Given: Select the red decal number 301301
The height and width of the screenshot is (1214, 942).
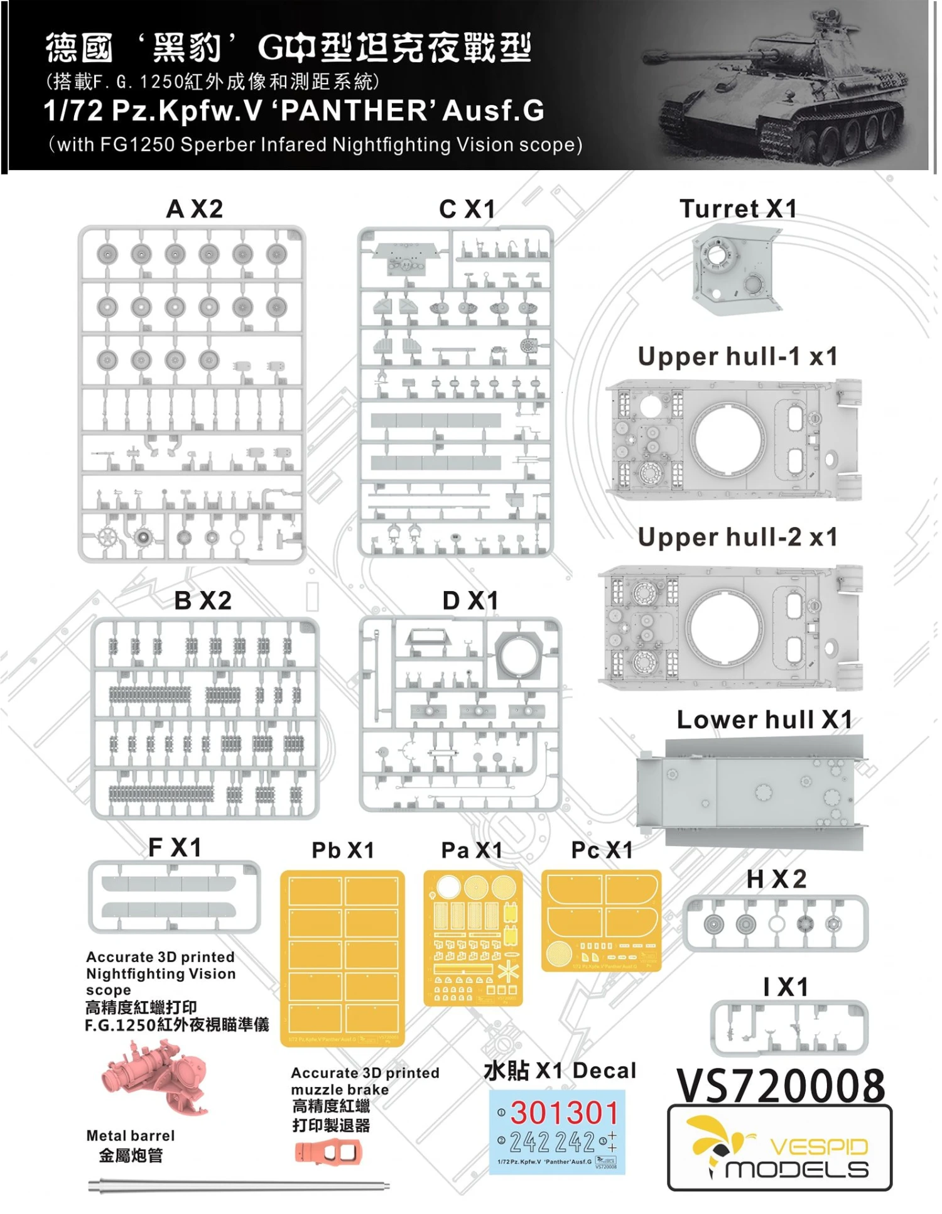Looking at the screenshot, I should click(x=564, y=1113).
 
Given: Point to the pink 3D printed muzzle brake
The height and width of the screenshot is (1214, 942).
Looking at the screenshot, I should click(x=328, y=1152).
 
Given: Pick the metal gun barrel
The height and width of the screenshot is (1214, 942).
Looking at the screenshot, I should click(x=239, y=1186).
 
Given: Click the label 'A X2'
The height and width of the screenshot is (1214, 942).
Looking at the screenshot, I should click(x=194, y=209).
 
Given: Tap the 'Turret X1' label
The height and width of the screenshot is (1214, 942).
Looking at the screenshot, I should click(x=738, y=209).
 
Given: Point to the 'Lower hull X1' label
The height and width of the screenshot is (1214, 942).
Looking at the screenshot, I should click(x=764, y=720).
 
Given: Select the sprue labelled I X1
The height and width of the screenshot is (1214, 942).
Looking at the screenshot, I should click(x=789, y=1027).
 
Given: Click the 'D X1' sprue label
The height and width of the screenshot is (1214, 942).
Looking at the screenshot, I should click(x=470, y=601).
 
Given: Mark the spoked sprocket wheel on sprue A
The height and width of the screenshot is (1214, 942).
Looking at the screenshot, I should click(x=108, y=538).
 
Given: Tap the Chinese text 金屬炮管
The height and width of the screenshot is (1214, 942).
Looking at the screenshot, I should click(x=131, y=1156).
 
